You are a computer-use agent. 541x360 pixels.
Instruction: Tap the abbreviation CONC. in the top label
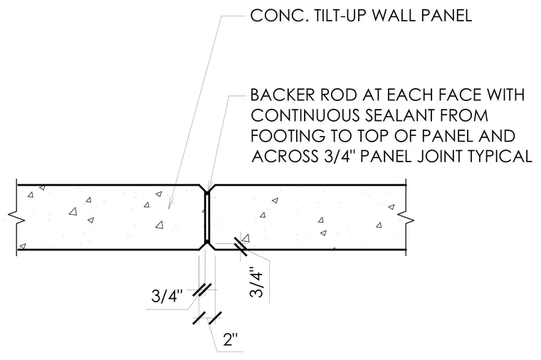point(280,16)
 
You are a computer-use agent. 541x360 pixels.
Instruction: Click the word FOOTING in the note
point(288,136)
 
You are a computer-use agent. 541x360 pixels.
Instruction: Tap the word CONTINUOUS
point(305,115)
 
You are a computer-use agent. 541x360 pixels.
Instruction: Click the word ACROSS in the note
point(285,157)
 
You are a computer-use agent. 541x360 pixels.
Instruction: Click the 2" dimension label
point(231,340)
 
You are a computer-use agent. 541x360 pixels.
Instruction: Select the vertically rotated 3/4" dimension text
point(256,282)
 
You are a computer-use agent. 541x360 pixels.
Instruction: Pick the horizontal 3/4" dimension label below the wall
point(167,297)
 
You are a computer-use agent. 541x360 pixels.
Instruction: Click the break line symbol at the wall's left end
point(16,218)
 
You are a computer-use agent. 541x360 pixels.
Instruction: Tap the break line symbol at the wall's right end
point(406,218)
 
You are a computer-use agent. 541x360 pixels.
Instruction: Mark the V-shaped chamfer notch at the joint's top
point(207,188)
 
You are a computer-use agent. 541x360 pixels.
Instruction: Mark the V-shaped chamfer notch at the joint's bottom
point(207,246)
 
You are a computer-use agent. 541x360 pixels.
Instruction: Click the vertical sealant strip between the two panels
point(207,217)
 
